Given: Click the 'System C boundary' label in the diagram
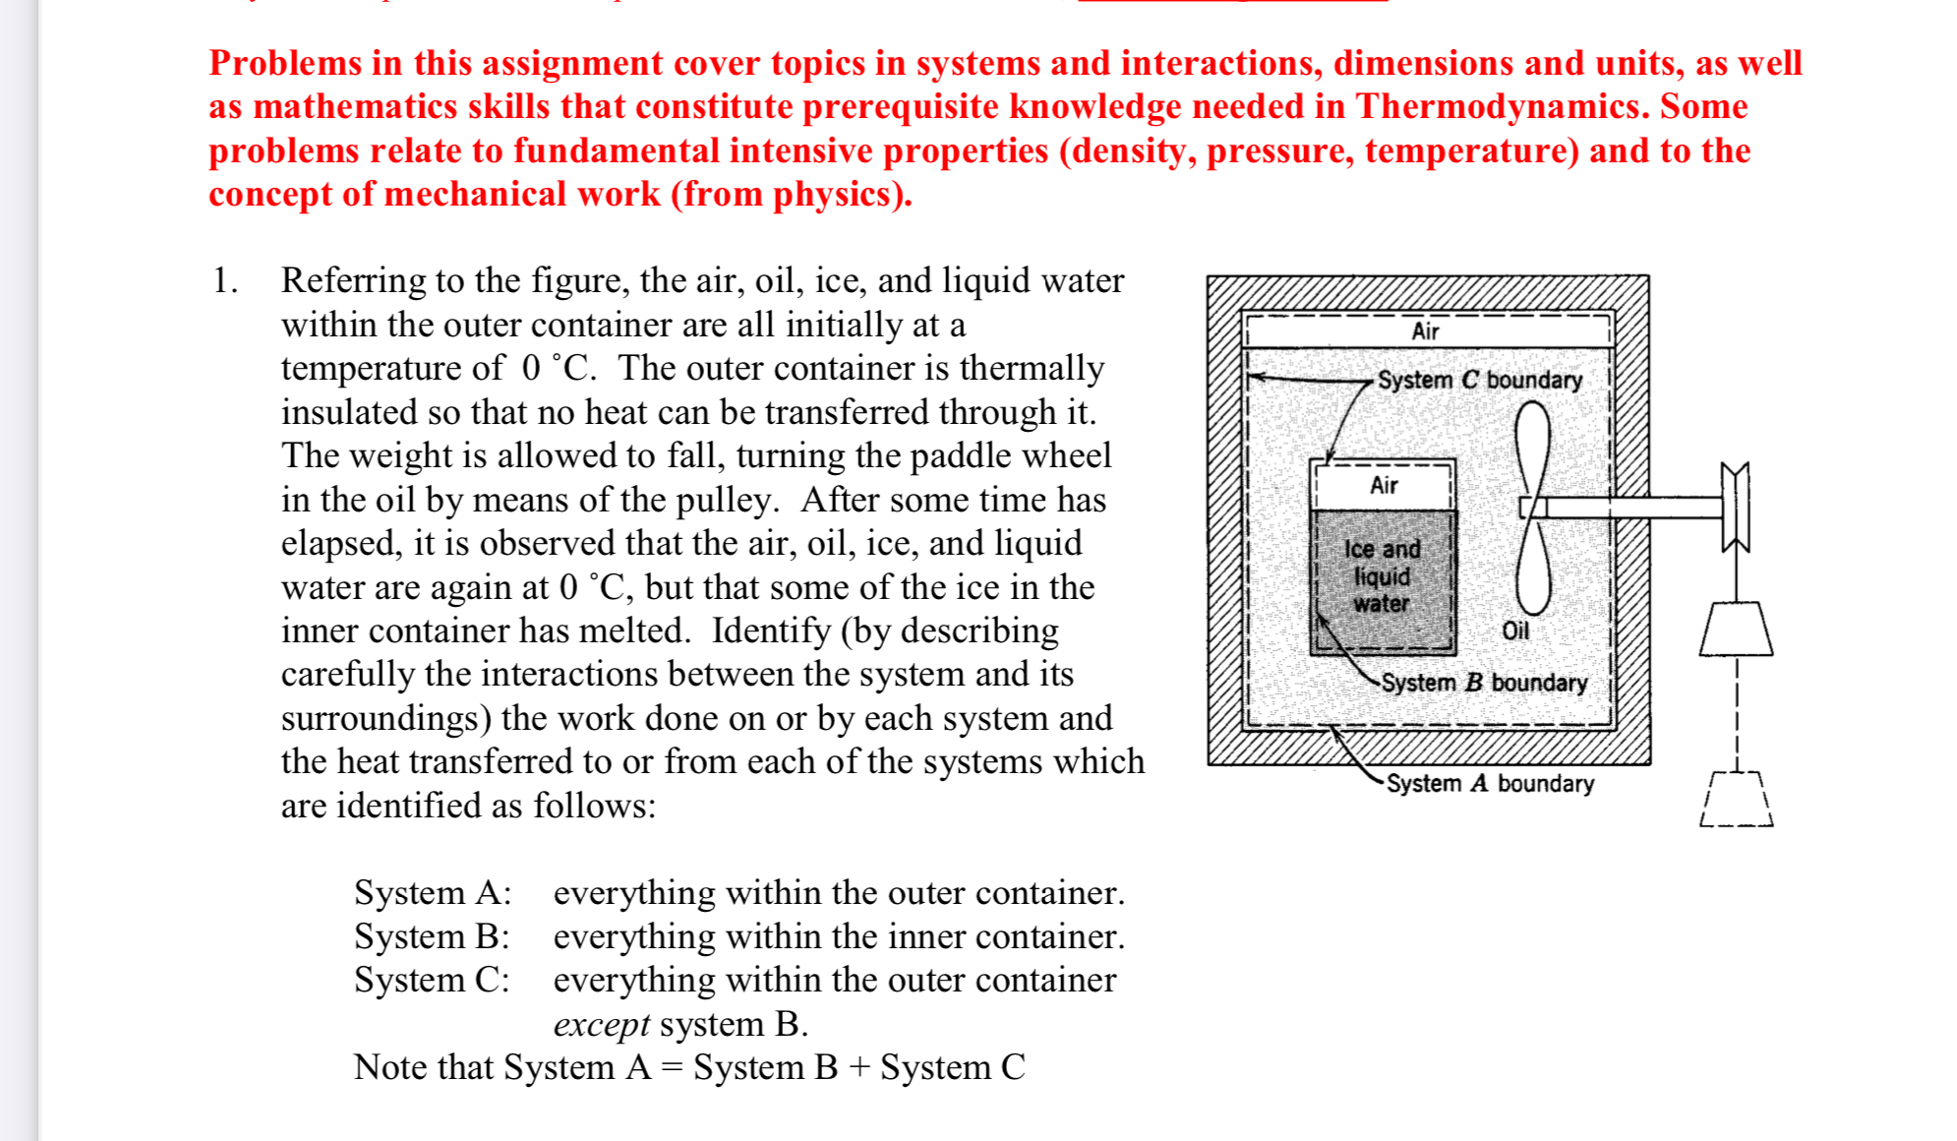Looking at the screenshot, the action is pos(1479,380).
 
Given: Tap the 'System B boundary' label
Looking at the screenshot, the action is pos(1484,683).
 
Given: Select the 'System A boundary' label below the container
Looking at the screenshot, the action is pos(1490,784).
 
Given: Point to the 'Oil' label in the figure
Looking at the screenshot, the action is pos(1515,631).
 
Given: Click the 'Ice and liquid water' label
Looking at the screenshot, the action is pos(1382,576).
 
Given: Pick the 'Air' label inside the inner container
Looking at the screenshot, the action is pos(1384,485).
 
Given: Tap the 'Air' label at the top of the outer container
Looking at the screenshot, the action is pos(1425,331).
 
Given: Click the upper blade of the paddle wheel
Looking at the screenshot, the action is pos(1532,447).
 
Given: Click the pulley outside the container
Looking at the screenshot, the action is pos(1736,507).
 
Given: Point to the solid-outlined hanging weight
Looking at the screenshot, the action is pos(1736,629).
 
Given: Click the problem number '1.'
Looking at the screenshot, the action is pos(225,281).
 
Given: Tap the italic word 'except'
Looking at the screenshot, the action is pos(601,1024).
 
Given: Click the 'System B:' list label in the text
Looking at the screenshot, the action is pos(432,936).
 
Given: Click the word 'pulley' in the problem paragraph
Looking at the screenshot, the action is pos(724,500).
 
